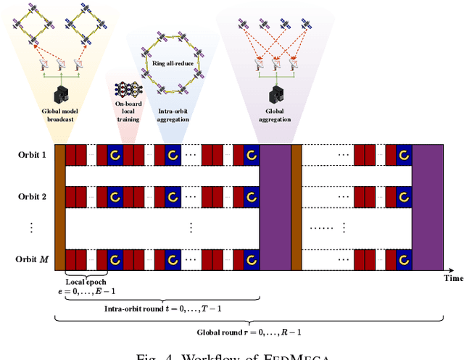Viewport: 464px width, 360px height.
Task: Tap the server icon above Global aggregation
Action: [276, 93]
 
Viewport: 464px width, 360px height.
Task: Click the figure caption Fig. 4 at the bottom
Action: [232, 355]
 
